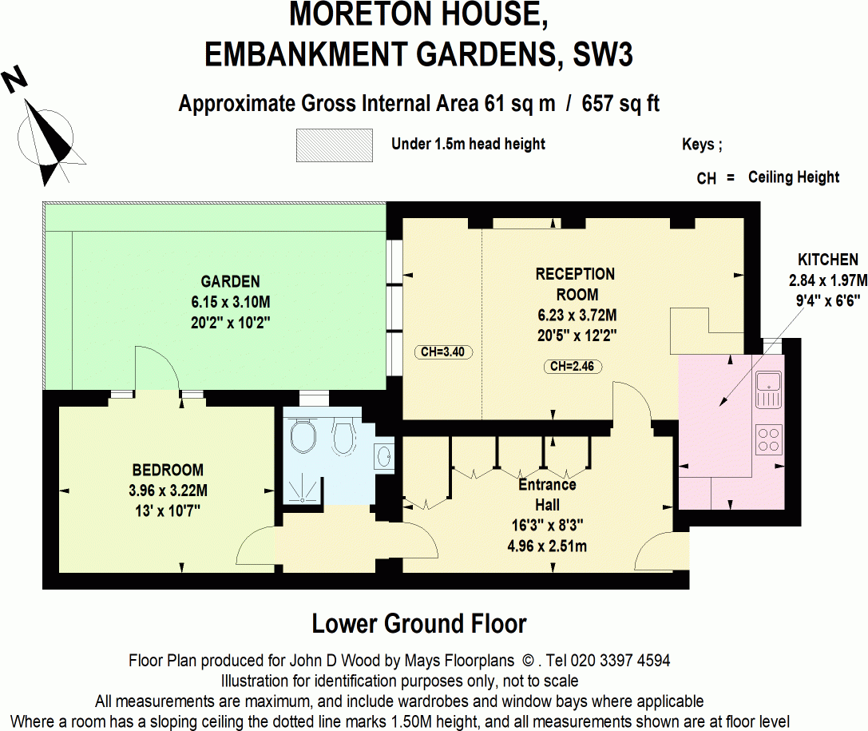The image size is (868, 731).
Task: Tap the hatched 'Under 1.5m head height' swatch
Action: pyautogui.click(x=334, y=145)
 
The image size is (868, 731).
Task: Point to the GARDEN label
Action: pyautogui.click(x=230, y=281)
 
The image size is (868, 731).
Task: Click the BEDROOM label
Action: pyautogui.click(x=168, y=470)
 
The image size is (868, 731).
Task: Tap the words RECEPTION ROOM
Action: pyautogui.click(x=575, y=284)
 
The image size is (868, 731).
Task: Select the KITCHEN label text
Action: pyautogui.click(x=827, y=260)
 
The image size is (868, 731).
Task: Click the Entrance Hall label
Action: pyautogui.click(x=547, y=495)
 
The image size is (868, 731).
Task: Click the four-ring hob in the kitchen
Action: pyautogui.click(x=769, y=439)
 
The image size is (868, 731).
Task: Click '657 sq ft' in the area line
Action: pyautogui.click(x=620, y=104)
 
